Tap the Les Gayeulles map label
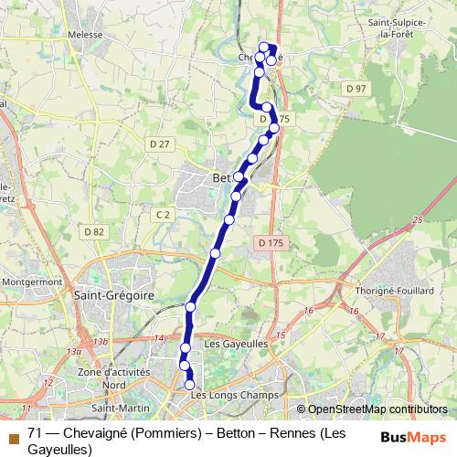pos(237,345)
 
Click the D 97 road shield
pos(356,87)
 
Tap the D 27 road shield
pos(160,143)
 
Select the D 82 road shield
pos(92,232)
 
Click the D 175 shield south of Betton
pos(271,242)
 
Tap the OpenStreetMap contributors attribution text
pos(377,409)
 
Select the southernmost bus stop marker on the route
pos(190,386)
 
